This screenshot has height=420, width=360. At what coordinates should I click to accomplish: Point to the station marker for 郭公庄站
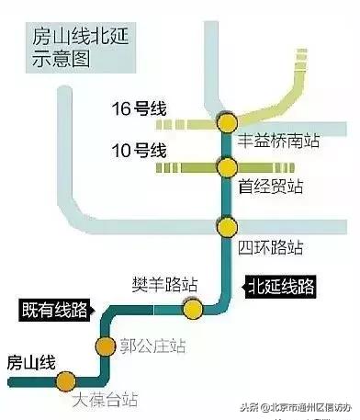[105, 346]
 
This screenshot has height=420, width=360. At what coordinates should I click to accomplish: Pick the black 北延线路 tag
[280, 287]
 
